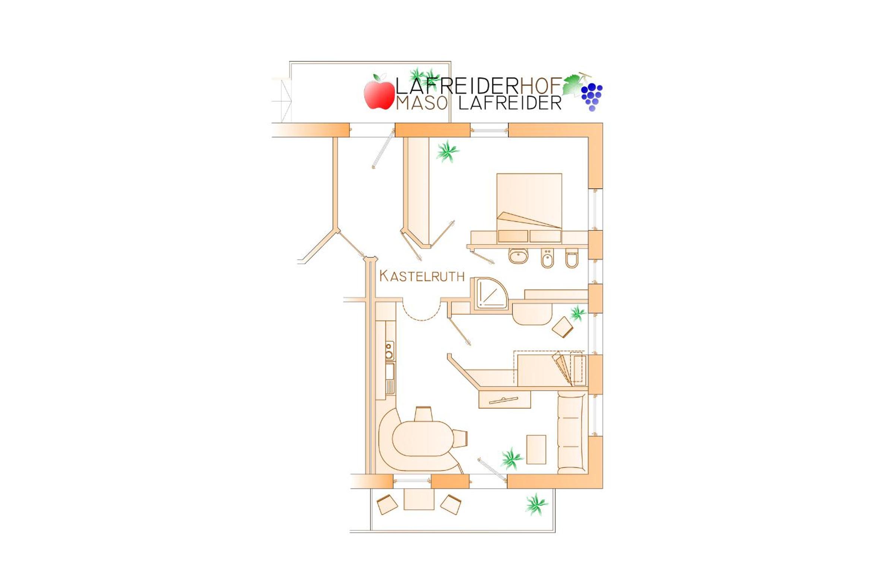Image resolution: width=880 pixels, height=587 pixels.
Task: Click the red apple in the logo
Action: (x=379, y=92)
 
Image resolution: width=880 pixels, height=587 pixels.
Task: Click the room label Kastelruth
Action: (x=422, y=276)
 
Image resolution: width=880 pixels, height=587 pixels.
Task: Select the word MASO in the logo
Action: (x=421, y=103)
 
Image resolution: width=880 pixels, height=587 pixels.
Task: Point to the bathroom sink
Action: (x=518, y=256)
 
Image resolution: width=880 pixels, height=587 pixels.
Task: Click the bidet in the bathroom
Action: (x=547, y=258)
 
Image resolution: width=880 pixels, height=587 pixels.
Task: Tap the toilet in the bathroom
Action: (x=572, y=258)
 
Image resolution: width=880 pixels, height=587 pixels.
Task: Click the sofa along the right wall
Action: (x=570, y=432)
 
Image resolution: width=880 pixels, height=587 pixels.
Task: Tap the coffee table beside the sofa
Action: (x=536, y=449)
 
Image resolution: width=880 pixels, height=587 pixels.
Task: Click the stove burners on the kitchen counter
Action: (x=389, y=350)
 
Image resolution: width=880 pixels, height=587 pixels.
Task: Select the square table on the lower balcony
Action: (x=419, y=499)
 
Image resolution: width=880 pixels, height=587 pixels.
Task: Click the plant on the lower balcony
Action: (x=536, y=504)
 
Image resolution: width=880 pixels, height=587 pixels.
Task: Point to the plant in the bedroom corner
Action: (x=447, y=152)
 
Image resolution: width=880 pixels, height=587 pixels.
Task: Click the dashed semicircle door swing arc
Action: (x=422, y=314)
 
